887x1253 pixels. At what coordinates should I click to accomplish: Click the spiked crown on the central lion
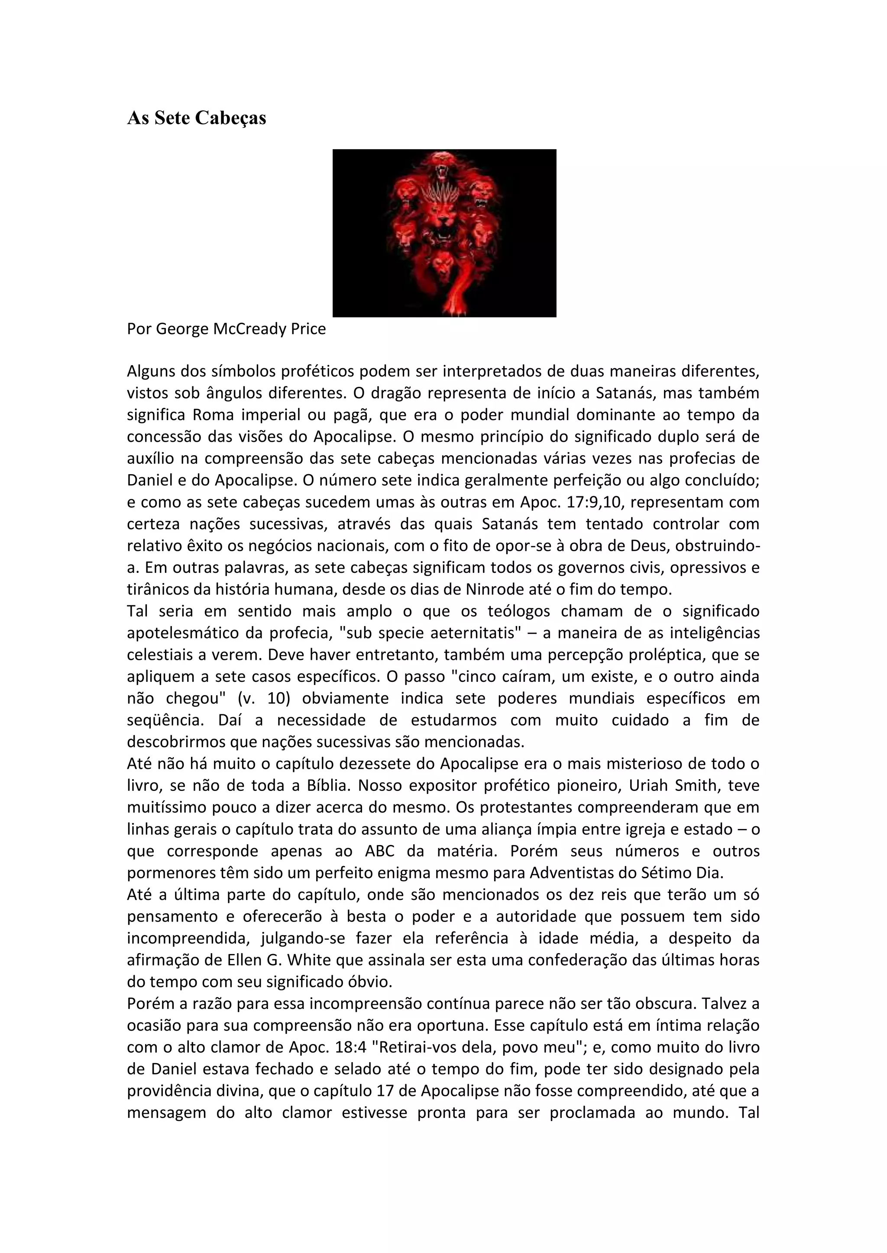tap(443, 193)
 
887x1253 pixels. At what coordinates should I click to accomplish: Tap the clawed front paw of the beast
tap(454, 308)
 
